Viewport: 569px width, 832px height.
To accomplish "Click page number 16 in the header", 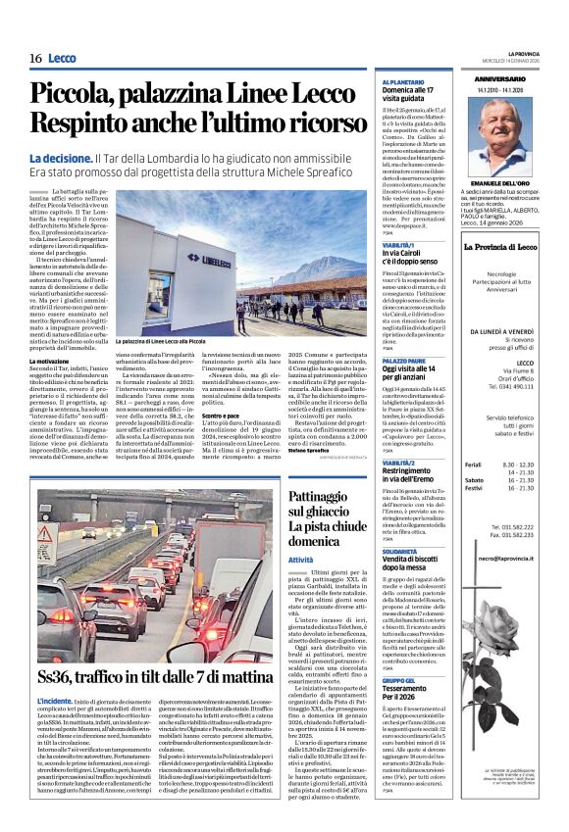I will pyautogui.click(x=34, y=59).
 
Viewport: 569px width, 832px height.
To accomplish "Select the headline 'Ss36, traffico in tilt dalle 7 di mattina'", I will pyautogui.click(x=156, y=676).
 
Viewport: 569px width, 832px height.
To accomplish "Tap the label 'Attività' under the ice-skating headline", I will pyautogui.click(x=302, y=559).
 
